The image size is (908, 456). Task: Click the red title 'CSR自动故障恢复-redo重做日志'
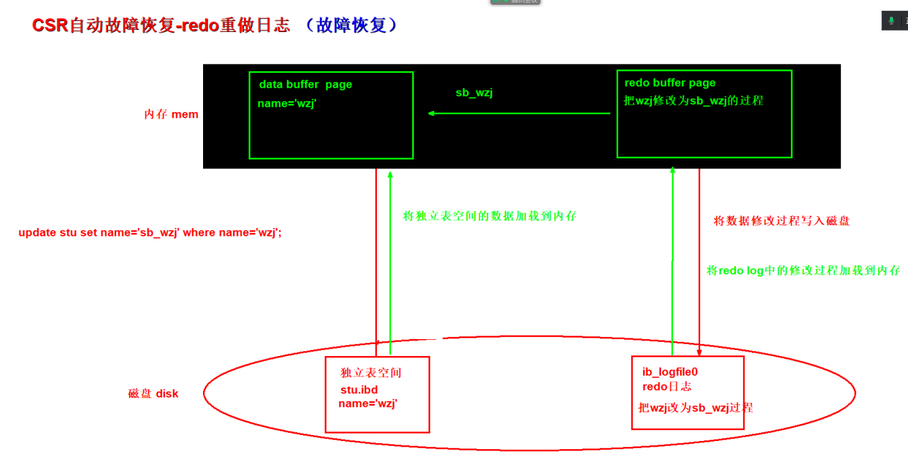[x=161, y=26]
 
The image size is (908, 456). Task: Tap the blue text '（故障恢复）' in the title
[x=350, y=26]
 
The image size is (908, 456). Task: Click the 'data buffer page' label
[x=306, y=85]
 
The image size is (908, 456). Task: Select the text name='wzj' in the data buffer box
[x=287, y=104]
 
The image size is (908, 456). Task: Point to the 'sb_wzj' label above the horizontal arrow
[x=474, y=93]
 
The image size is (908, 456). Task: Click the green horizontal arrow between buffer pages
[x=520, y=113]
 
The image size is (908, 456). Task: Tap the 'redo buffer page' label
[x=670, y=83]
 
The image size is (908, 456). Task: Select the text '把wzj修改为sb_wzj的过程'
[x=693, y=101]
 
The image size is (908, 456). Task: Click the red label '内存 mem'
[x=171, y=114]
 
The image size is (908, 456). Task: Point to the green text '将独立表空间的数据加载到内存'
[x=490, y=216]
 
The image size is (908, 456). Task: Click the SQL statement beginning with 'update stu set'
[x=150, y=232]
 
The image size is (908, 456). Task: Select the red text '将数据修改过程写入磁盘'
[x=782, y=221]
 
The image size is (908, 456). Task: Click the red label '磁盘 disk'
[x=153, y=393]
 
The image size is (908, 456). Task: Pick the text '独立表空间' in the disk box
[x=371, y=373]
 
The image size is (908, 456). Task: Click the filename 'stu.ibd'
[x=359, y=390]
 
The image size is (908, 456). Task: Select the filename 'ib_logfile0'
[x=670, y=372]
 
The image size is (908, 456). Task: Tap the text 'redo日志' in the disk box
[x=667, y=387]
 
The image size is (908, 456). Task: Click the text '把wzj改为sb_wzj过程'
[x=695, y=408]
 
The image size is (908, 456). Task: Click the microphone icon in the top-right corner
[x=891, y=21]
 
